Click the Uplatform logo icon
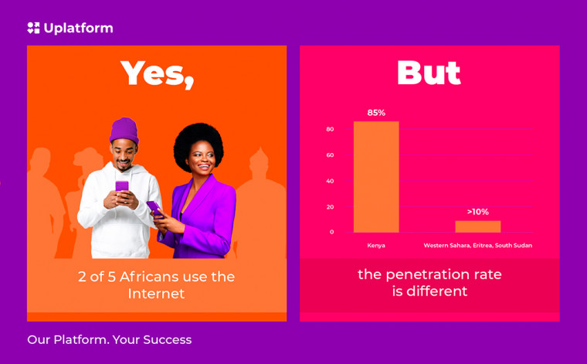[33, 28]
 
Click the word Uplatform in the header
[78, 28]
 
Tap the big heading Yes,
[158, 74]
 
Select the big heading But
[429, 73]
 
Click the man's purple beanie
[124, 131]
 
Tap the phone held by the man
[122, 186]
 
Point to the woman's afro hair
[198, 142]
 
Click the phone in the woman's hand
[154, 208]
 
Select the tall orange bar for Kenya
[376, 177]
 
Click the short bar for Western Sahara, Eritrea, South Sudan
[477, 226]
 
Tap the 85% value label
[376, 113]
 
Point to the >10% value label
[478, 212]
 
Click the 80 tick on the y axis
[330, 129]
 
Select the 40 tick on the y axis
[330, 181]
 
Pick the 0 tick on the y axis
[331, 232]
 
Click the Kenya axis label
[376, 246]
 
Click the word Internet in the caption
[157, 294]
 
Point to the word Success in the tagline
[168, 340]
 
